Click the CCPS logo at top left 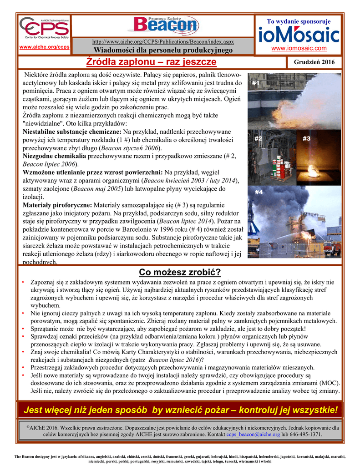click(x=44, y=29)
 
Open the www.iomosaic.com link click(x=299, y=48)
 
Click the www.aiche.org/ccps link click(x=44, y=48)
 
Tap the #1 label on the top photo click(x=256, y=83)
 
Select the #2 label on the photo click(x=258, y=138)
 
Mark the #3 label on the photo click(x=306, y=138)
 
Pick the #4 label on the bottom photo click(x=259, y=192)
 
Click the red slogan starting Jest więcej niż click(x=181, y=410)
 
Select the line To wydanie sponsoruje click(x=299, y=21)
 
